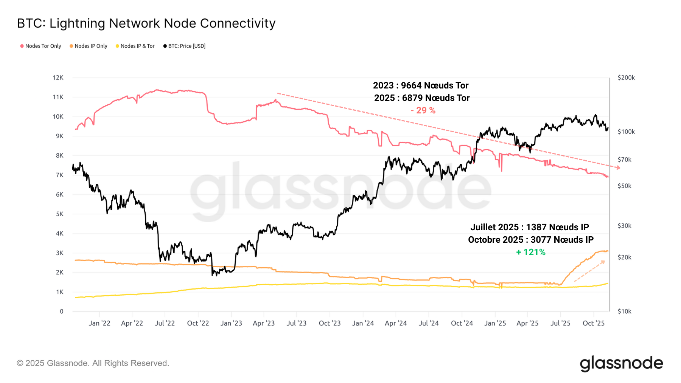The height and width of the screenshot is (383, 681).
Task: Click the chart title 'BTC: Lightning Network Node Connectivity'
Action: [146, 23]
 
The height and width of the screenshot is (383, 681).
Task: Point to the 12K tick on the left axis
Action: [58, 78]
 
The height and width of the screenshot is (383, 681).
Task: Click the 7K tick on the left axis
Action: [59, 175]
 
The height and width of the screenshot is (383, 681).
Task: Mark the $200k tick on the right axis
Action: [626, 78]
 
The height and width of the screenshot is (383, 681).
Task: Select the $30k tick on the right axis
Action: [624, 226]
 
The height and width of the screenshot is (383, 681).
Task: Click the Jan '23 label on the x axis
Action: [231, 323]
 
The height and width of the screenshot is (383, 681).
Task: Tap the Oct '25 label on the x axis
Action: [593, 323]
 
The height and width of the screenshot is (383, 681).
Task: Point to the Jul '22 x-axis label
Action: [165, 323]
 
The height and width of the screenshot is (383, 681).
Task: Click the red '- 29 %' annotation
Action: [423, 110]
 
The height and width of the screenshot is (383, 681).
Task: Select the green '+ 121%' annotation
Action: [530, 252]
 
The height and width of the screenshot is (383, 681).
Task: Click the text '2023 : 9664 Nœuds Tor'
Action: [421, 85]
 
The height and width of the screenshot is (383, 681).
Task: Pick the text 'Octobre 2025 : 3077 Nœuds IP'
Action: [530, 240]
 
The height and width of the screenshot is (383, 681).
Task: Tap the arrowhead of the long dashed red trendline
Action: [618, 167]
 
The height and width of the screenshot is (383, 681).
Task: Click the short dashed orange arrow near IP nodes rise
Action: [589, 271]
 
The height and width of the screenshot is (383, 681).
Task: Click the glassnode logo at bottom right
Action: [621, 363]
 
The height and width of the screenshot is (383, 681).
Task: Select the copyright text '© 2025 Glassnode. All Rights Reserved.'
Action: [93, 363]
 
